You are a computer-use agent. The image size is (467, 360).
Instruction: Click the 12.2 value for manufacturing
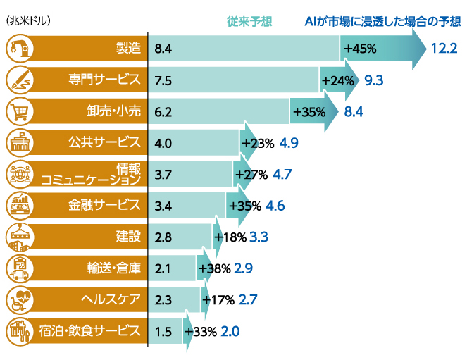[444, 49]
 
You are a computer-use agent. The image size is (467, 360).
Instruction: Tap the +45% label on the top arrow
[361, 49]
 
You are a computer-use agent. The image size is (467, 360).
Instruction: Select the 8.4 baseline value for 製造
[163, 49]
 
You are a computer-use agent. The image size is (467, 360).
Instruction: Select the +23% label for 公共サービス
[257, 143]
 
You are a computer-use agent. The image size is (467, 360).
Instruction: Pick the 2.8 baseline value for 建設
[163, 237]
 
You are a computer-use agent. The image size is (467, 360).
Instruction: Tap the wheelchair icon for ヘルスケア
[18, 299]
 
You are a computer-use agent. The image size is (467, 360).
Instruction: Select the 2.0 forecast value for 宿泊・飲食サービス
[230, 331]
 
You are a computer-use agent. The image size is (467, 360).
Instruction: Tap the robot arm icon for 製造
[18, 49]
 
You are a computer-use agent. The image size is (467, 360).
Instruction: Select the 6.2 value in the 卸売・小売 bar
[163, 111]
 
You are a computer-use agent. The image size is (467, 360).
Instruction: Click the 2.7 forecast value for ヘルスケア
[248, 299]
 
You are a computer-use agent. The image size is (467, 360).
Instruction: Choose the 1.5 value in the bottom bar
[163, 331]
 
